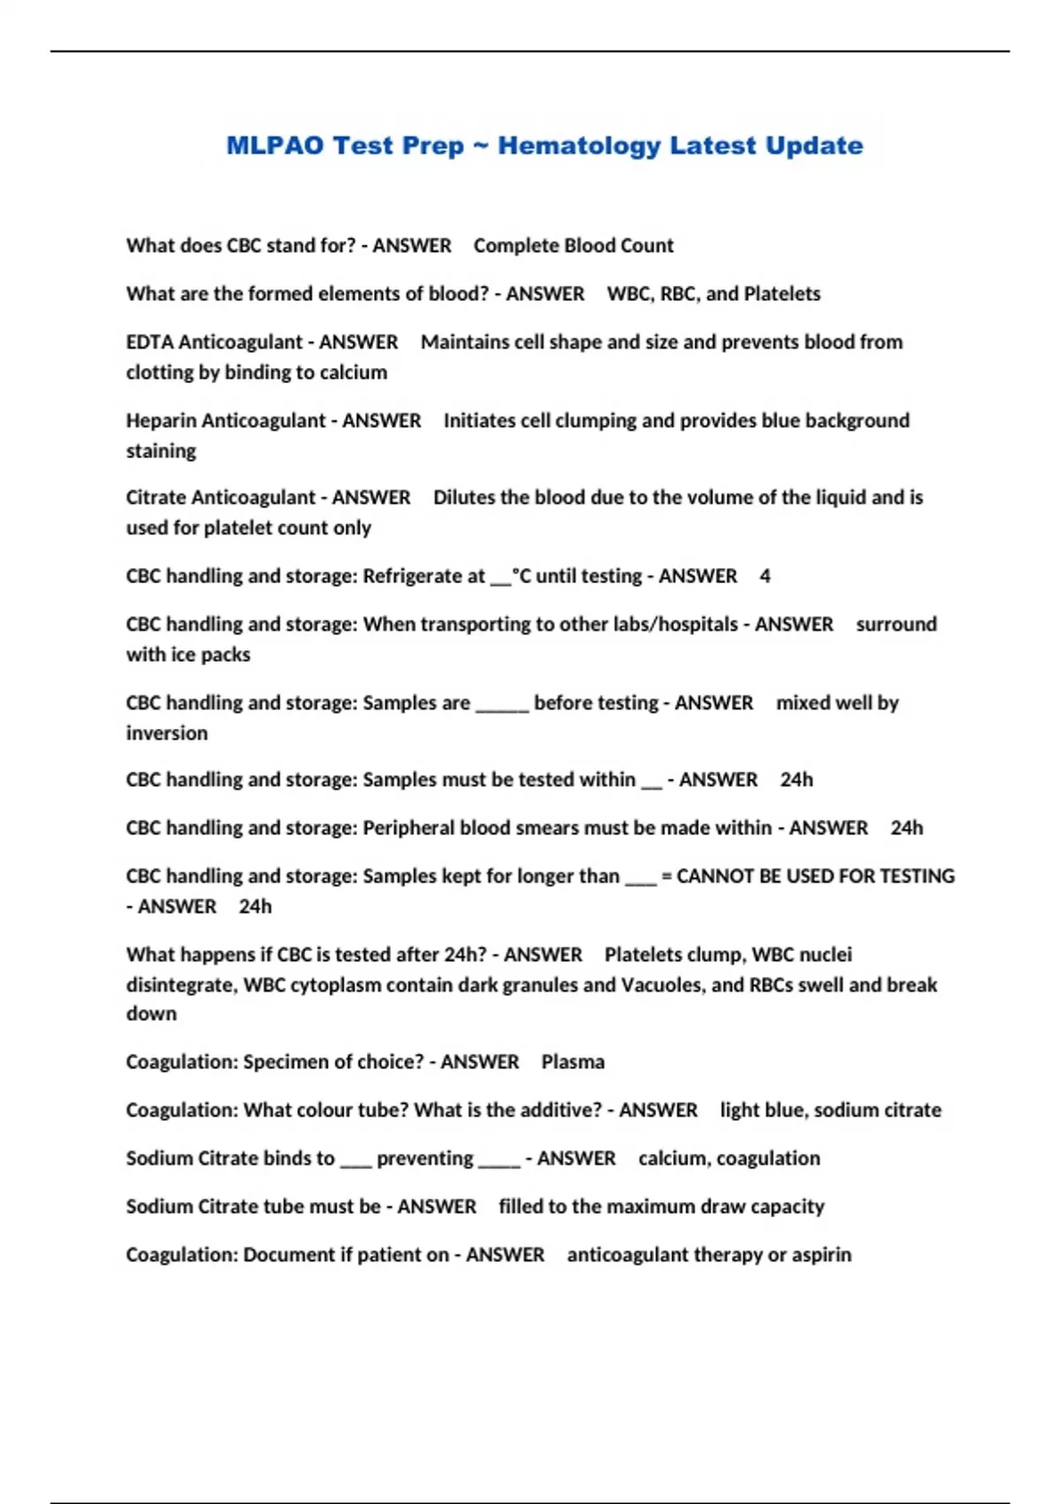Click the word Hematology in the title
coord(578,146)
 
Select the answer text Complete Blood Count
coord(573,246)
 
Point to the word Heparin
coord(161,421)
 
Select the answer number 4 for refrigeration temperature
coord(765,576)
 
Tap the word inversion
coord(167,733)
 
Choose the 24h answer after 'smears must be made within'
coord(906,828)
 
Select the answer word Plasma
coord(573,1062)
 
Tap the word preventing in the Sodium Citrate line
coord(425,1159)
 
